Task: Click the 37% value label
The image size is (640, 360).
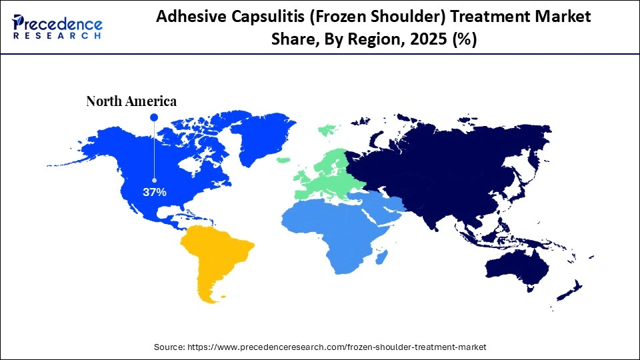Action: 154,192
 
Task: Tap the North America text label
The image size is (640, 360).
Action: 131,101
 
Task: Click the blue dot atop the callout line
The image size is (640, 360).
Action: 154,117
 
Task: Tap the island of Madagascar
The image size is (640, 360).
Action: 381,257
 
